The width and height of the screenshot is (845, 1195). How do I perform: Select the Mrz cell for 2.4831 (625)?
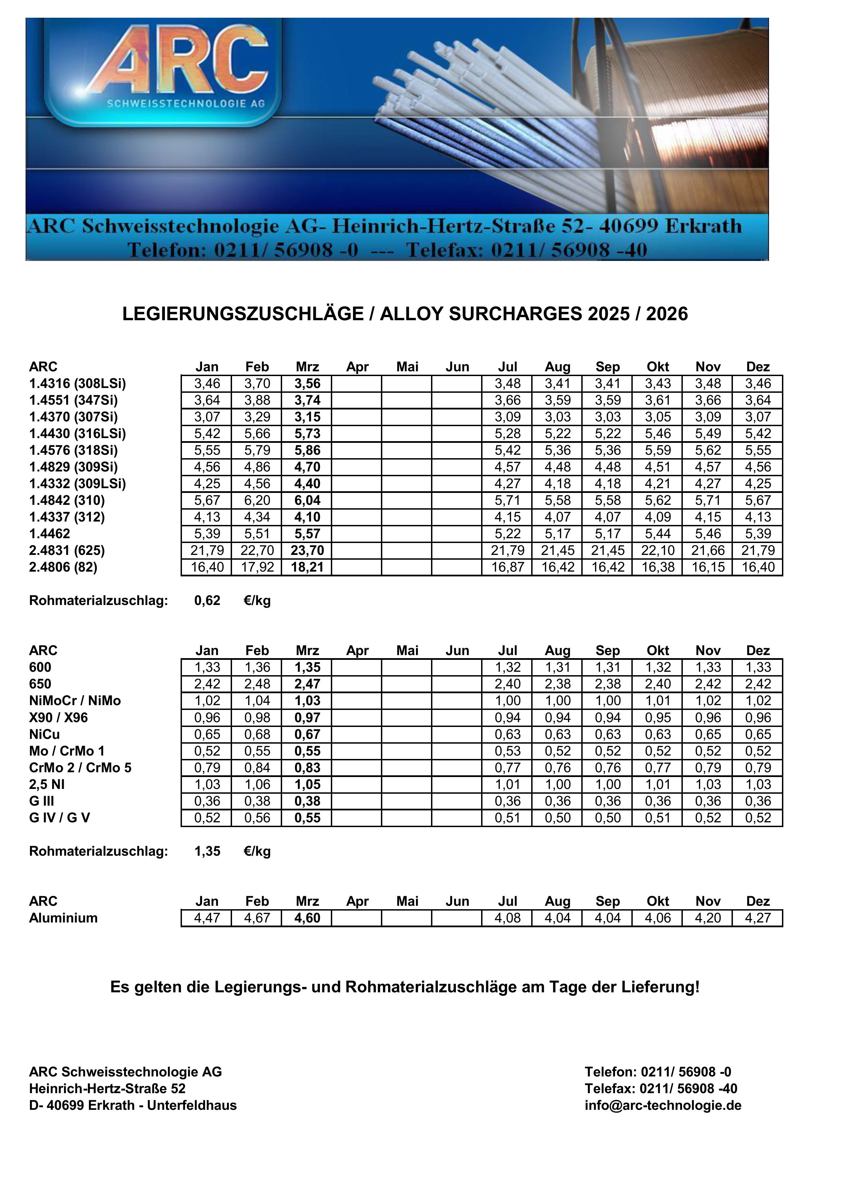pos(307,550)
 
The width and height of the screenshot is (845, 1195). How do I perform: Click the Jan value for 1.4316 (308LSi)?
pos(207,384)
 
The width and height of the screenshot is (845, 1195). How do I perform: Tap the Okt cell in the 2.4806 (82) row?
pos(658,567)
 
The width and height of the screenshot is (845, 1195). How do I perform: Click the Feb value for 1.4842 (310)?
pos(257,500)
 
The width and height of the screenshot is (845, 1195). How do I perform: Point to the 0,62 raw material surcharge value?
pos(207,601)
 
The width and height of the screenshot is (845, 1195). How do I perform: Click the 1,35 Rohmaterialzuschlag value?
pos(207,851)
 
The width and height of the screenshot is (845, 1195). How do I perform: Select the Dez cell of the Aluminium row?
pos(757,918)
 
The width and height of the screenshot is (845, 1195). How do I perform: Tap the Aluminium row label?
pos(63,918)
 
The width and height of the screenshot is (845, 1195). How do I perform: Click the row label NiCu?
pos(44,734)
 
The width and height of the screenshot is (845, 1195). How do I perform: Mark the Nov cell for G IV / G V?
pos(708,818)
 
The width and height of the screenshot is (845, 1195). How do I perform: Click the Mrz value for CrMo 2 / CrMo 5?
pos(307,768)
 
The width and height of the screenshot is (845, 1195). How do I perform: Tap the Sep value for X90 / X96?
pos(608,717)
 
